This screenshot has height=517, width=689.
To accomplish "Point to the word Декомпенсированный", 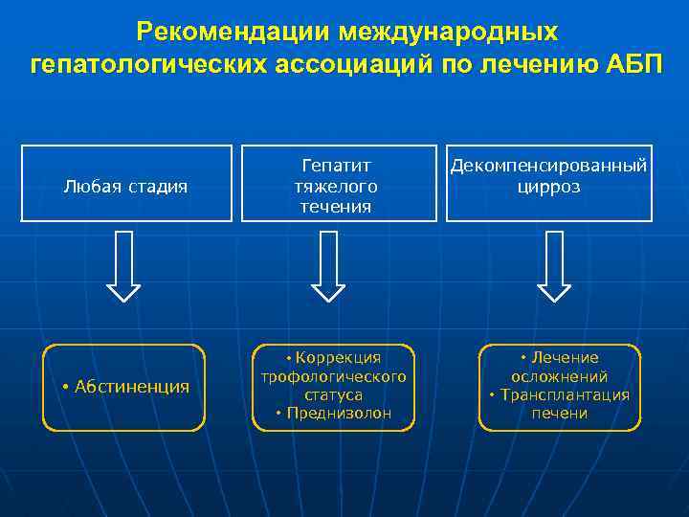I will pos(550,166).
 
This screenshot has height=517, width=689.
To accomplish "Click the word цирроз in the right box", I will pos(550,186).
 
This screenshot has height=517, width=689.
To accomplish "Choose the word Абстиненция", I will pos(130,386).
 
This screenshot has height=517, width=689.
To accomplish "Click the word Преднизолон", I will pos(339,413).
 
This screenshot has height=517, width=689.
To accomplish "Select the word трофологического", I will pos(334,376).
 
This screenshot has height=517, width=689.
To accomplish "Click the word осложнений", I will pos(560,376).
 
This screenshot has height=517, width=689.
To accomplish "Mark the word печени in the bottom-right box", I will pos(560,413).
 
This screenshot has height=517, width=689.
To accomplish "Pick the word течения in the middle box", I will pos(335,206).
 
